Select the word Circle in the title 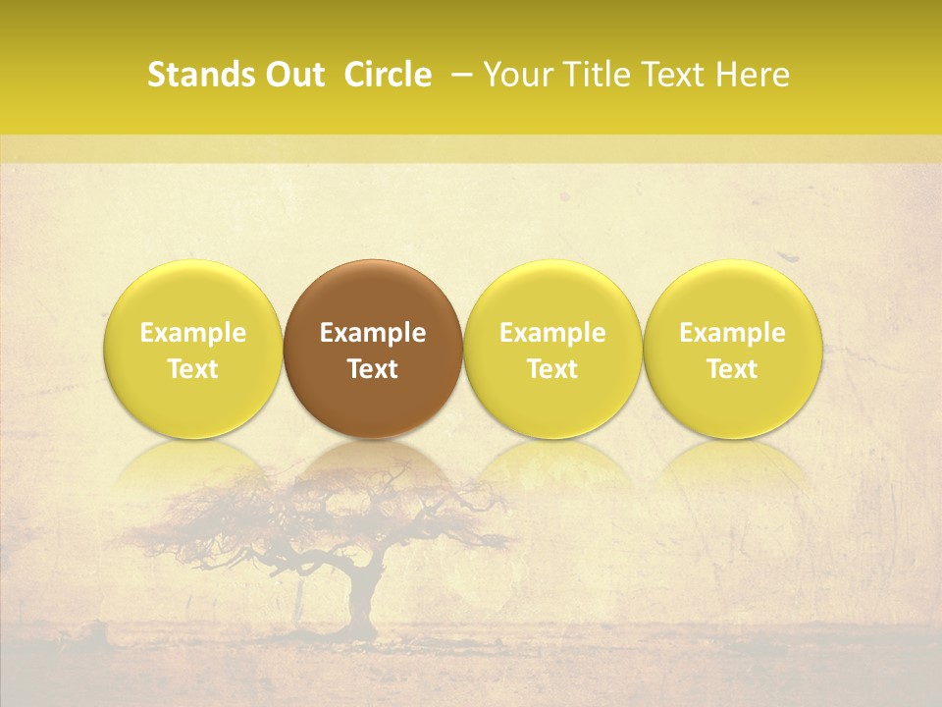(388, 75)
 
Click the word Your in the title (518, 75)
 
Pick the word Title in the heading (596, 75)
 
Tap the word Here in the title (753, 75)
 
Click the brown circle (373, 295)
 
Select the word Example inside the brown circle (373, 333)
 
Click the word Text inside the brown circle (373, 369)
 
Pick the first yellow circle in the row (193, 295)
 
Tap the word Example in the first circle (193, 333)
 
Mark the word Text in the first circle (193, 369)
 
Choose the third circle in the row (552, 295)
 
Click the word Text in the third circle (552, 369)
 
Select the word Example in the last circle (732, 333)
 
